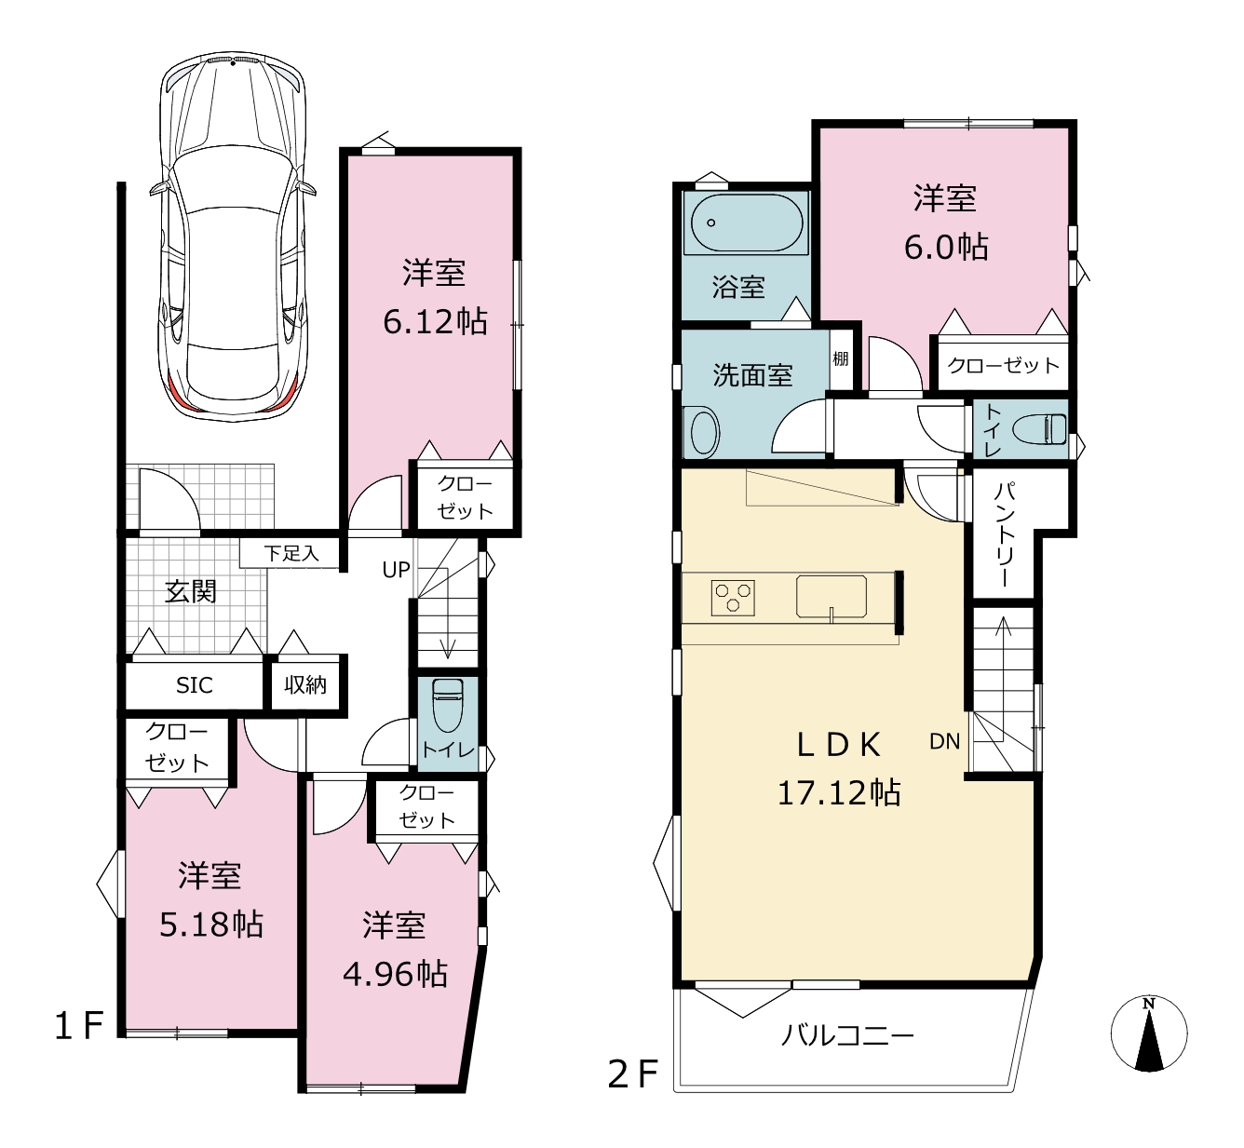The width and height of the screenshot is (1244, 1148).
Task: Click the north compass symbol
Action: click(x=1149, y=1033)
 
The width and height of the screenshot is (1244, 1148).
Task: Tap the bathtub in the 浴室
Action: click(x=746, y=223)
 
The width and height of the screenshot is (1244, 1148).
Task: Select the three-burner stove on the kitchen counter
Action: click(x=733, y=598)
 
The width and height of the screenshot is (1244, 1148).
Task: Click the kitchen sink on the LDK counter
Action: click(x=832, y=597)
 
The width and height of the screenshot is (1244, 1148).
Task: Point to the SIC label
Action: click(x=195, y=685)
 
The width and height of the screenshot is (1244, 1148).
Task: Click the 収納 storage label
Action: click(x=305, y=685)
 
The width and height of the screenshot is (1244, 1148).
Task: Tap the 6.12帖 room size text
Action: click(x=436, y=322)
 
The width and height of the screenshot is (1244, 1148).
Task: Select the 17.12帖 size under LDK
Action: click(x=839, y=792)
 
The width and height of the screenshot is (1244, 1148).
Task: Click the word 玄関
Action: click(x=191, y=591)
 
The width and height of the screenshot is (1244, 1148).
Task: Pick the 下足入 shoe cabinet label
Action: click(x=291, y=553)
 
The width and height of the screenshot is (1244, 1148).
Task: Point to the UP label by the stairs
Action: click(x=397, y=570)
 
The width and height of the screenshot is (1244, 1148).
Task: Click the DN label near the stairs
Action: click(x=944, y=742)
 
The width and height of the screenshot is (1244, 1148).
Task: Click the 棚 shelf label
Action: click(x=841, y=358)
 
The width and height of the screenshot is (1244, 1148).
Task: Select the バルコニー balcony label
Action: click(x=847, y=1035)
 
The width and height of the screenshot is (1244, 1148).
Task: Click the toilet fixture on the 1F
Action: click(x=447, y=705)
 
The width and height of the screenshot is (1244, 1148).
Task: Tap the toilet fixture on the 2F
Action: click(x=1039, y=429)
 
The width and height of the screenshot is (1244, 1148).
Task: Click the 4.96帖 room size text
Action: click(x=395, y=975)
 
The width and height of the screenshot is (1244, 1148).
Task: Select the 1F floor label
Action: click(x=79, y=1026)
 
